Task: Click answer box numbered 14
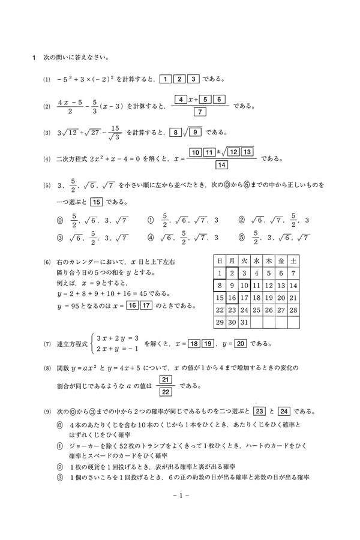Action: [x=222, y=165]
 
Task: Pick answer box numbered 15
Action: [x=98, y=202]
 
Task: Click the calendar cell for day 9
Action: [x=233, y=285]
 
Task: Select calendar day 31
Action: [x=246, y=323]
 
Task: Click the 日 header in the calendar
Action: [x=220, y=260]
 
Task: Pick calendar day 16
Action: [x=233, y=298]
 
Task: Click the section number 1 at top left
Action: [x=34, y=59]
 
